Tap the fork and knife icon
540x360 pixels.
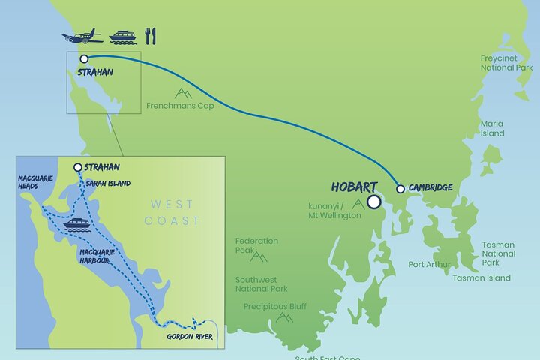coord(149,36)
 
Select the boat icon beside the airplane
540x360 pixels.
coord(122,37)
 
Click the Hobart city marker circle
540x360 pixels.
coord(373,201)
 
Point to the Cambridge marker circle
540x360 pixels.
coord(400,188)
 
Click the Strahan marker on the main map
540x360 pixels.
coord(84,58)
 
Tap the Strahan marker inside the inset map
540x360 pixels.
coord(78,168)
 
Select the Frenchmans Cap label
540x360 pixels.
coord(181,106)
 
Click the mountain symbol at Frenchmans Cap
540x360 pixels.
coord(181,93)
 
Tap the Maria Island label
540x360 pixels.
coord(493,128)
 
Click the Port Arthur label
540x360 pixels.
coord(430,264)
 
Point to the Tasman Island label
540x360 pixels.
coord(481,277)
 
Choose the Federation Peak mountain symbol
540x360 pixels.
coord(259,256)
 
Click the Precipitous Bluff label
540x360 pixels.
coord(275,306)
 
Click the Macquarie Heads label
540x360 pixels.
coord(32,184)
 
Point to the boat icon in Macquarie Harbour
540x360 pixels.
coord(77,224)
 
